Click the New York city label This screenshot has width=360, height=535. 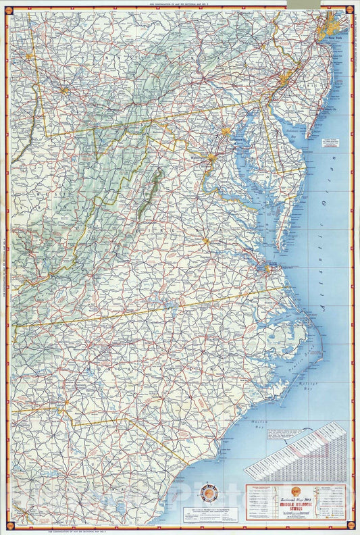(335, 47)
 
